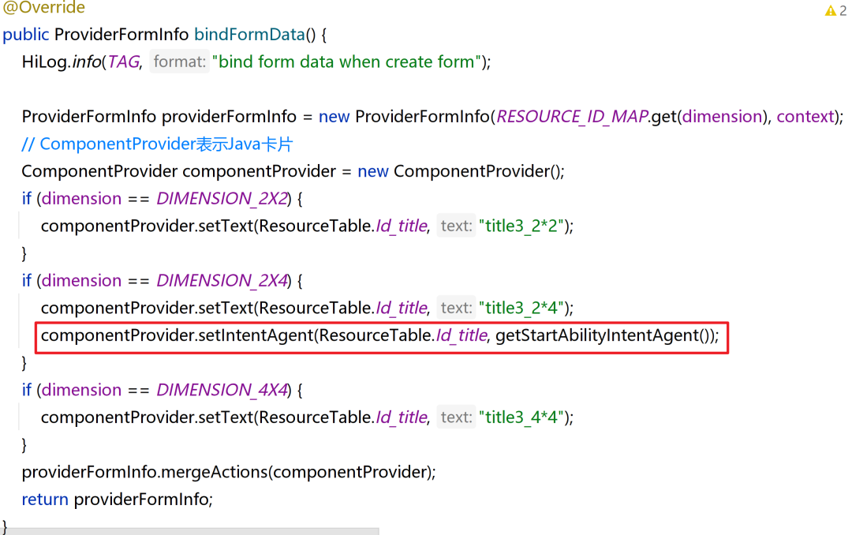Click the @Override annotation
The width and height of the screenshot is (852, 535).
point(44,9)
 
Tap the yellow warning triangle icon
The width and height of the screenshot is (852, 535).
point(830,11)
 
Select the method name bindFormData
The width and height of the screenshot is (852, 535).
point(248,35)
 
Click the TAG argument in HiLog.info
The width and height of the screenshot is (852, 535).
point(123,62)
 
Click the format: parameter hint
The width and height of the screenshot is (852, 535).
point(180,62)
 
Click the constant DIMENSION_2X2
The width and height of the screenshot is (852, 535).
point(223,198)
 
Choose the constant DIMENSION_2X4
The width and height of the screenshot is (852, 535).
point(223,280)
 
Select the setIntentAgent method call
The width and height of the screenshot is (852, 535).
point(256,335)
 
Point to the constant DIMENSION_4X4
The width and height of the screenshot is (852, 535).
point(223,390)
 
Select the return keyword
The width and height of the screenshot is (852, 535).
point(45,499)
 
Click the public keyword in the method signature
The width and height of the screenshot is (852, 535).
point(26,35)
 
